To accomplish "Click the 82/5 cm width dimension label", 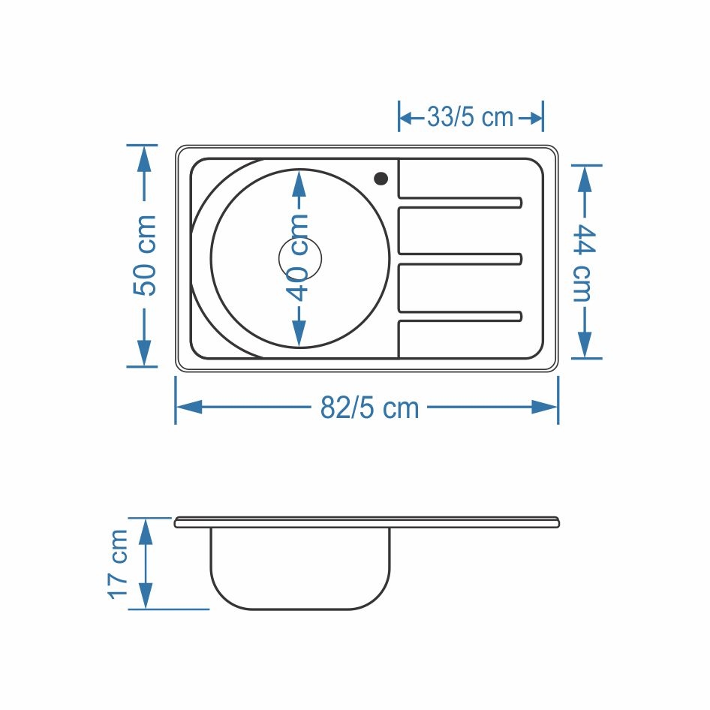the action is click(x=370, y=408).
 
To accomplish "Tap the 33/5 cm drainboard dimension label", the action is click(x=471, y=117).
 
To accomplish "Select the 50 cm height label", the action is click(x=145, y=256).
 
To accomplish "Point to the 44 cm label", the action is click(x=584, y=262).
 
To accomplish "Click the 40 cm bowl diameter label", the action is click(x=299, y=257).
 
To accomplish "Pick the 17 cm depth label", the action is click(x=118, y=564).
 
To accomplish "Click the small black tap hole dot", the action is click(x=381, y=179).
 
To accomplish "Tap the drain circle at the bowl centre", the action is click(x=299, y=258).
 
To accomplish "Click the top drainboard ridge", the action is click(x=460, y=203).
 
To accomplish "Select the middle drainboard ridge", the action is click(x=460, y=259).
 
